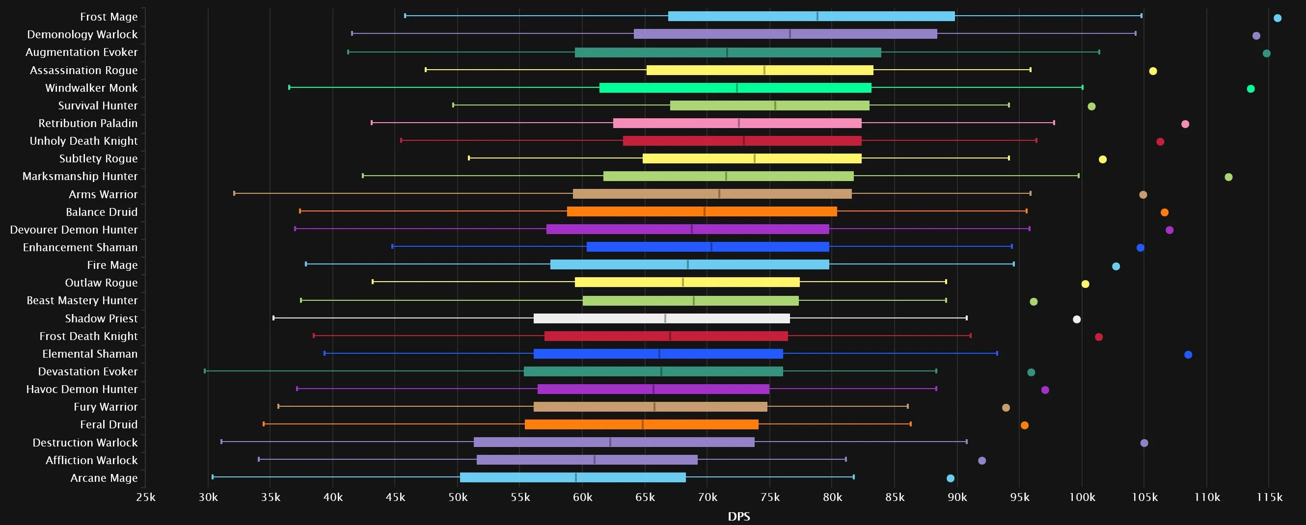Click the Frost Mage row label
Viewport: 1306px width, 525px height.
(x=109, y=17)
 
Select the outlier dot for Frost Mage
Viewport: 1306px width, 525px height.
(x=1278, y=18)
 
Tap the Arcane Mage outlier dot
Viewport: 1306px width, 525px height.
(x=951, y=478)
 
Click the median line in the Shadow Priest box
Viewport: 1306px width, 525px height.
(x=665, y=318)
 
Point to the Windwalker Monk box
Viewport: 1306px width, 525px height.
(x=735, y=88)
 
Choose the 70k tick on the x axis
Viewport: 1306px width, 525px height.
(x=707, y=497)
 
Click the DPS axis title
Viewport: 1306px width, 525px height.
(x=739, y=516)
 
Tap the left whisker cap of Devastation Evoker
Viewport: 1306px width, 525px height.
(x=205, y=371)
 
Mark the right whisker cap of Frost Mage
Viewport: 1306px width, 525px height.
(x=1141, y=16)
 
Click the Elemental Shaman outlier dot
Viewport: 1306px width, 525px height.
(x=1188, y=355)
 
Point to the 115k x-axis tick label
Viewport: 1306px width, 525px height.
(x=1269, y=497)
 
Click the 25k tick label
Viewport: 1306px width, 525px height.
(x=145, y=497)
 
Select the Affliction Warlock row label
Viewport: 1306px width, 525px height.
(x=91, y=460)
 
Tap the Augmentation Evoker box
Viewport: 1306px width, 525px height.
(x=728, y=52)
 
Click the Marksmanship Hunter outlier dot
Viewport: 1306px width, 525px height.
(x=1228, y=177)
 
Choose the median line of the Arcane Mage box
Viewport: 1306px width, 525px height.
(x=576, y=477)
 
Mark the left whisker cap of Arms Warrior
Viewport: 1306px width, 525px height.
(x=234, y=194)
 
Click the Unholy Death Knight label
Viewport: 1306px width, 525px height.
(x=83, y=141)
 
